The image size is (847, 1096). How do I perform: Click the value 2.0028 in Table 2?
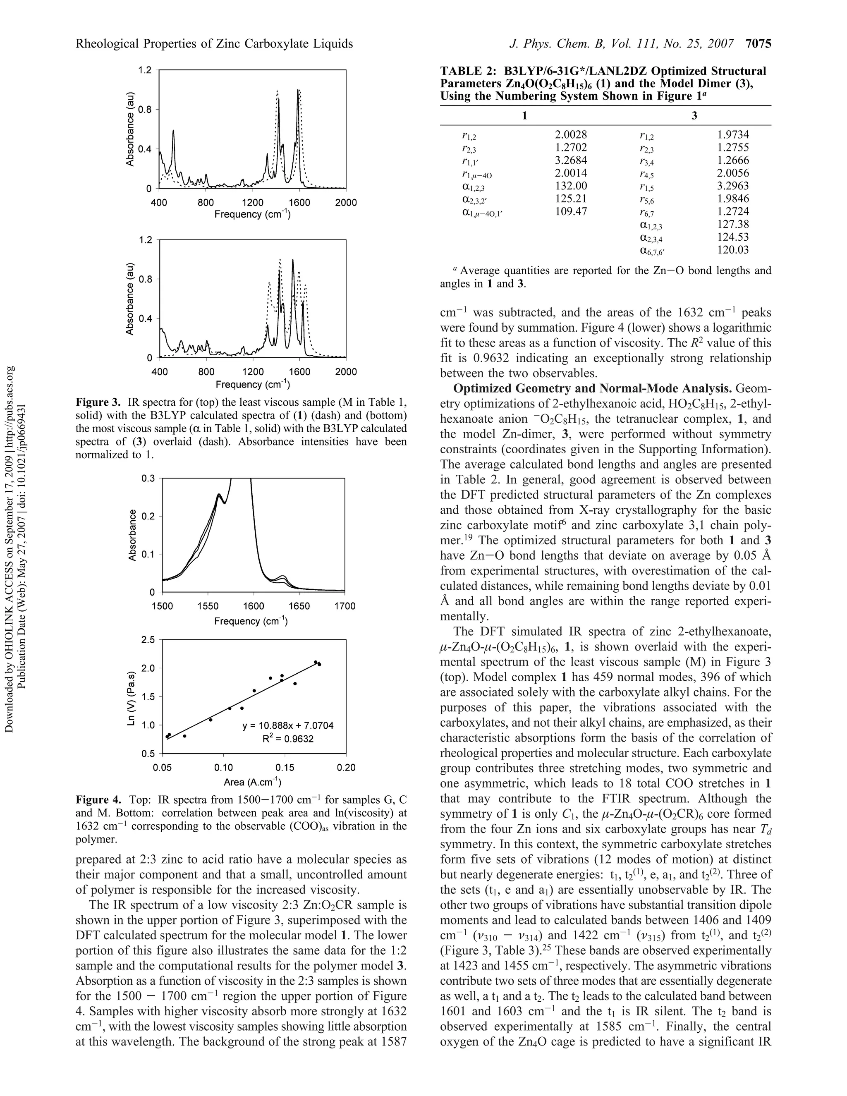coord(570,134)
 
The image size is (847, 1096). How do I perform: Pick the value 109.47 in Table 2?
coord(570,211)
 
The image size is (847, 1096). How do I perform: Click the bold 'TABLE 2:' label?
coord(464,71)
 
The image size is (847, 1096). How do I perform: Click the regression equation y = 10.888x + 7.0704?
coord(287,726)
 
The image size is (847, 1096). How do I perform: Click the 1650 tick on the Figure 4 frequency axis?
coord(299,606)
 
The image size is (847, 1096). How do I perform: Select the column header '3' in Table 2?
coord(694,116)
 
